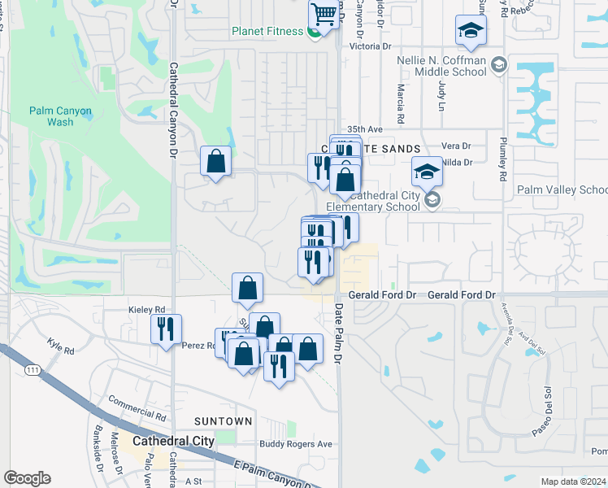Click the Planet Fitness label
(267, 32)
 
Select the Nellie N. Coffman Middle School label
(441, 67)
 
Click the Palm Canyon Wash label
(60, 116)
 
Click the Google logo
(28, 477)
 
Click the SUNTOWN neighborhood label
(223, 421)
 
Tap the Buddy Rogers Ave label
(296, 444)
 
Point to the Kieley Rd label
(147, 310)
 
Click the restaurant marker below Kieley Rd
(165, 329)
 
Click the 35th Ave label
(364, 129)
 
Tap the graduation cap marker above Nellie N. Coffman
(470, 31)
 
